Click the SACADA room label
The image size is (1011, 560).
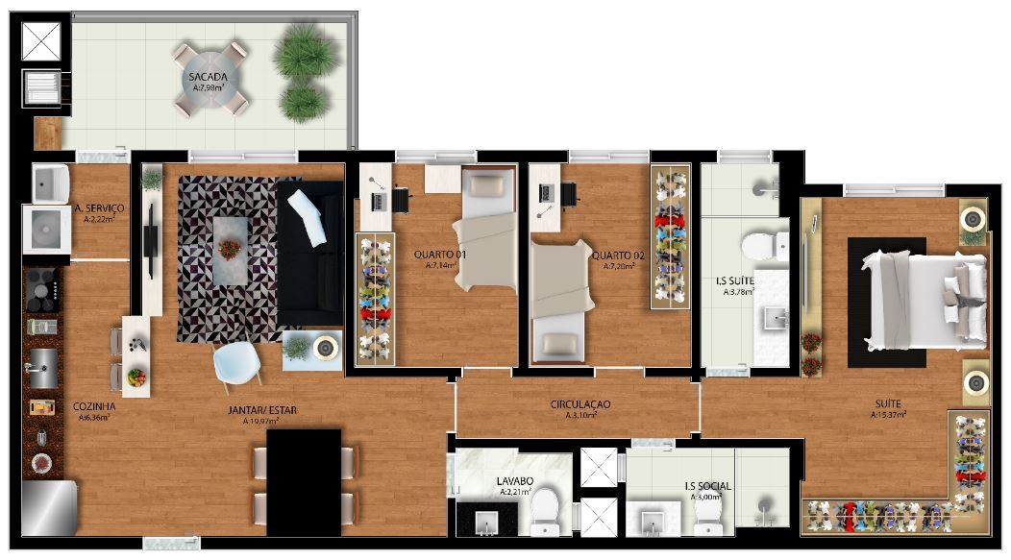pyautogui.click(x=208, y=77)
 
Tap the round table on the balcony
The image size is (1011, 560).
pyautogui.click(x=210, y=80)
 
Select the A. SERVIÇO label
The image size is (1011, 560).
pyautogui.click(x=99, y=208)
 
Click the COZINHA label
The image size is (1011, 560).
pyautogui.click(x=94, y=406)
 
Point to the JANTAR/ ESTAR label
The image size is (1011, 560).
pyautogui.click(x=262, y=410)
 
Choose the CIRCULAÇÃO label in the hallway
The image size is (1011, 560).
pyautogui.click(x=580, y=404)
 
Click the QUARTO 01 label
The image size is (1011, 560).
pyautogui.click(x=440, y=255)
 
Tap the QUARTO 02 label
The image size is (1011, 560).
pyautogui.click(x=618, y=256)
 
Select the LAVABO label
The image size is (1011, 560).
pyautogui.click(x=514, y=480)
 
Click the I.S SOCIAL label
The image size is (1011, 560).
pyautogui.click(x=708, y=486)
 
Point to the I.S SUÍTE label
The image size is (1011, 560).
pyautogui.click(x=734, y=281)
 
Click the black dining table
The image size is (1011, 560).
pyautogui.click(x=304, y=482)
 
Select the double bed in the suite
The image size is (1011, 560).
pyautogui.click(x=924, y=301)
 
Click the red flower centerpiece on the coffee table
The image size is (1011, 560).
pyautogui.click(x=229, y=249)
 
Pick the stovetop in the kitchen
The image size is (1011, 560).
pyautogui.click(x=42, y=291)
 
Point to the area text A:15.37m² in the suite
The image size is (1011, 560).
pyautogui.click(x=889, y=415)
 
